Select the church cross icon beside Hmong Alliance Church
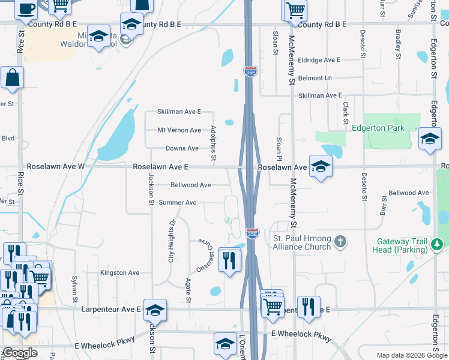(x=340, y=242)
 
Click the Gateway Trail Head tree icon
(x=437, y=244)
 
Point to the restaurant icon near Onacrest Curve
(x=229, y=259)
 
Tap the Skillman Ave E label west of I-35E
(x=179, y=112)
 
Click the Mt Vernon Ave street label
(x=179, y=130)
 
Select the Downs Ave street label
(x=182, y=148)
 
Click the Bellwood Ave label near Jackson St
(x=190, y=185)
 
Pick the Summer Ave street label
(x=178, y=203)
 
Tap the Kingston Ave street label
(x=120, y=272)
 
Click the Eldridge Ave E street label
(x=319, y=60)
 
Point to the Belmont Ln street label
(x=315, y=78)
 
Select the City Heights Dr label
(x=171, y=241)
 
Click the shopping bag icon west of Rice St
(x=12, y=77)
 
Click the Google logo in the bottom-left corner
(x=20, y=353)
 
